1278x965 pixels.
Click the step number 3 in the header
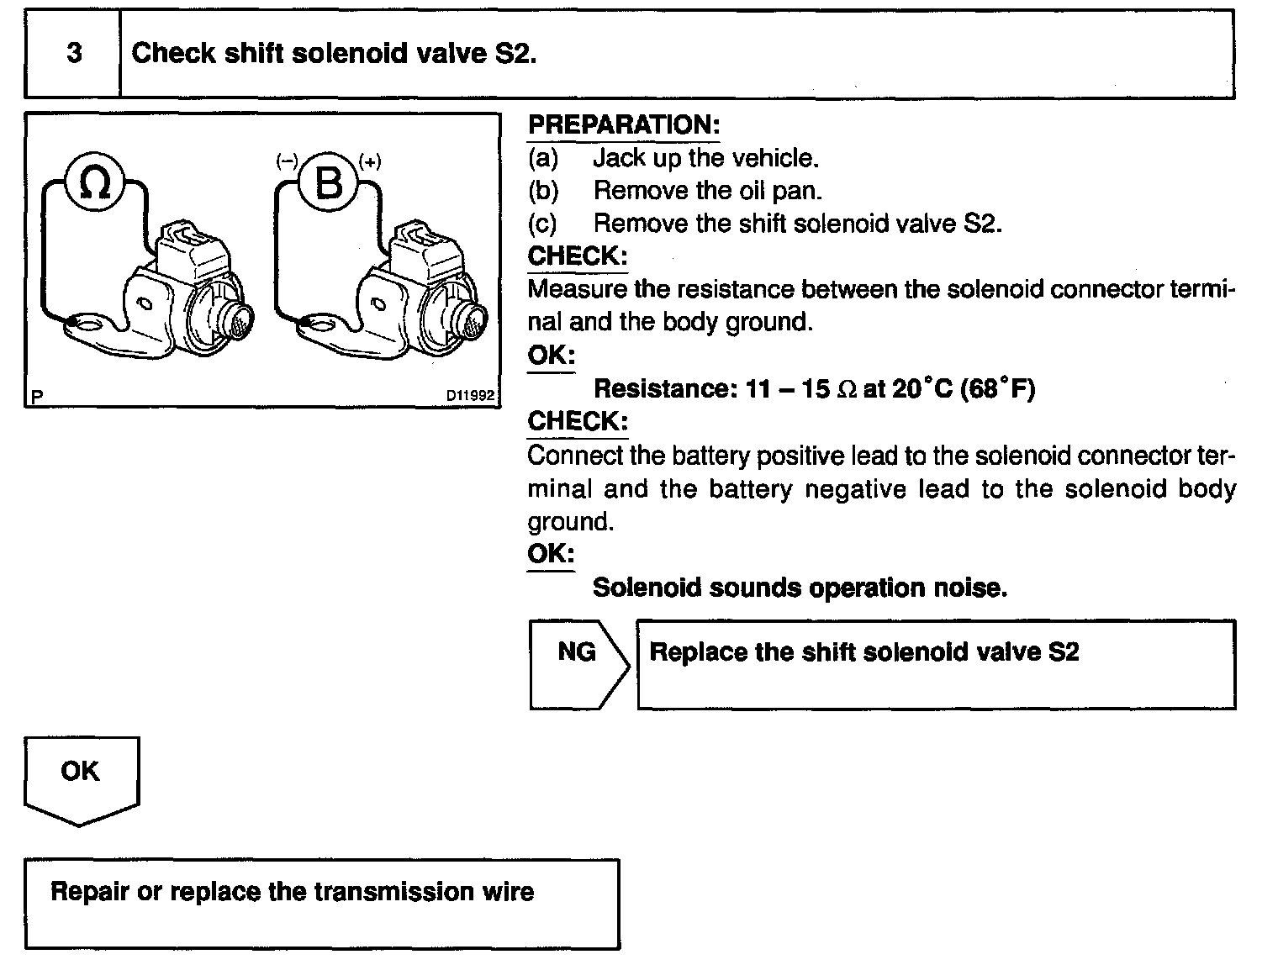coord(74,54)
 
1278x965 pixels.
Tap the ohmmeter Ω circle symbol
coord(95,181)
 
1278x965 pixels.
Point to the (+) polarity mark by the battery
coord(369,161)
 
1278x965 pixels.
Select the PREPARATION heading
coord(624,125)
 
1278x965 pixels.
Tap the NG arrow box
coord(578,663)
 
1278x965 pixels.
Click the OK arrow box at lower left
coord(81,778)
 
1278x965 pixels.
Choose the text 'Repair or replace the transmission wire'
coord(293,892)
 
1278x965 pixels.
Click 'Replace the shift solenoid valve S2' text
coord(864,652)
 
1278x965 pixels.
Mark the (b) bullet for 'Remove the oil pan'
coord(543,191)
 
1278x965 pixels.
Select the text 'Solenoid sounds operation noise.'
coord(800,588)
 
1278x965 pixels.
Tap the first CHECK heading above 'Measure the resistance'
coord(578,256)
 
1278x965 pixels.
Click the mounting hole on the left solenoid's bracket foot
coord(87,323)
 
